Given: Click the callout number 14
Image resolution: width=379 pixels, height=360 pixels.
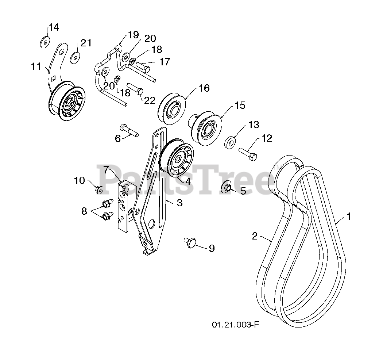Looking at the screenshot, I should [x=54, y=27].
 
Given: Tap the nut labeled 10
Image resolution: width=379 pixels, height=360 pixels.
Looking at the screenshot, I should [x=98, y=189].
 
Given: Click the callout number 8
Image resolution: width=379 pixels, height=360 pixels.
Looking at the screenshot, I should [x=84, y=211].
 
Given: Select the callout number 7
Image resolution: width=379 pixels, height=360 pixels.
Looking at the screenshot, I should [x=106, y=170].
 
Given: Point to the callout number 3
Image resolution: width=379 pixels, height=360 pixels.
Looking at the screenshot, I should [x=179, y=203].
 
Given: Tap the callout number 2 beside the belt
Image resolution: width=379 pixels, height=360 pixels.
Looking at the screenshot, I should [x=255, y=236].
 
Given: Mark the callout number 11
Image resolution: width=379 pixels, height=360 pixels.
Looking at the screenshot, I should [x=36, y=66].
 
